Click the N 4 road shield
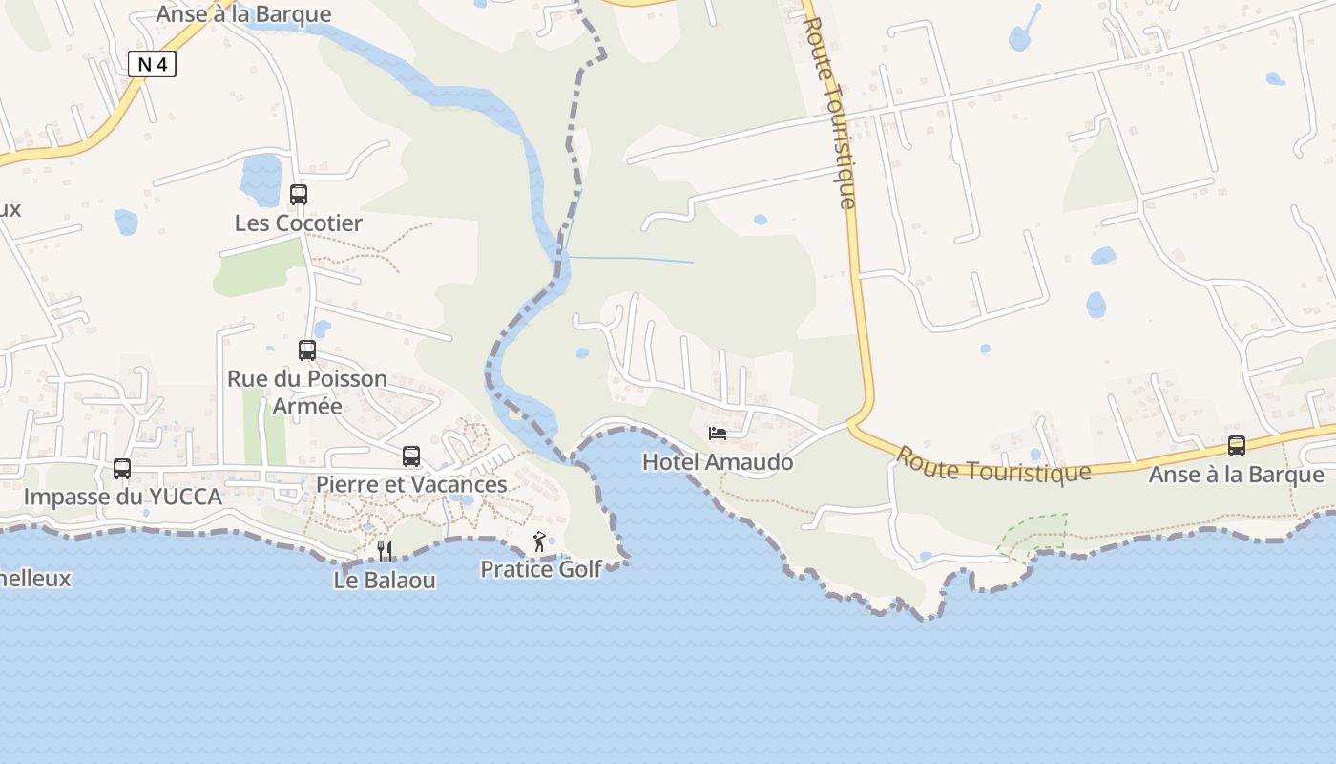tap(152, 64)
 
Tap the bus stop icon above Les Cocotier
tap(299, 195)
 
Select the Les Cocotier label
tap(299, 223)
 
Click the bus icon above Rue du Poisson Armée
tap(307, 350)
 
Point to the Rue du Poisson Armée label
tap(307, 392)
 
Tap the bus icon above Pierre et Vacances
tap(411, 456)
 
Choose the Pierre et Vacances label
tap(411, 484)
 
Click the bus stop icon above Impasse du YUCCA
tap(122, 469)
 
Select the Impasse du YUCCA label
tap(122, 497)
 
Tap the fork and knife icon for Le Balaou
tap(386, 551)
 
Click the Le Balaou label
tap(385, 580)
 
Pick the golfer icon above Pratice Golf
tap(540, 541)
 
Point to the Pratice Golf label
tap(541, 569)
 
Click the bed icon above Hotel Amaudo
tap(718, 434)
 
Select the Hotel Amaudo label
tap(718, 462)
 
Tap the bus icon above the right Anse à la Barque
tap(1237, 446)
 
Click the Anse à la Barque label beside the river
tap(243, 14)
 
